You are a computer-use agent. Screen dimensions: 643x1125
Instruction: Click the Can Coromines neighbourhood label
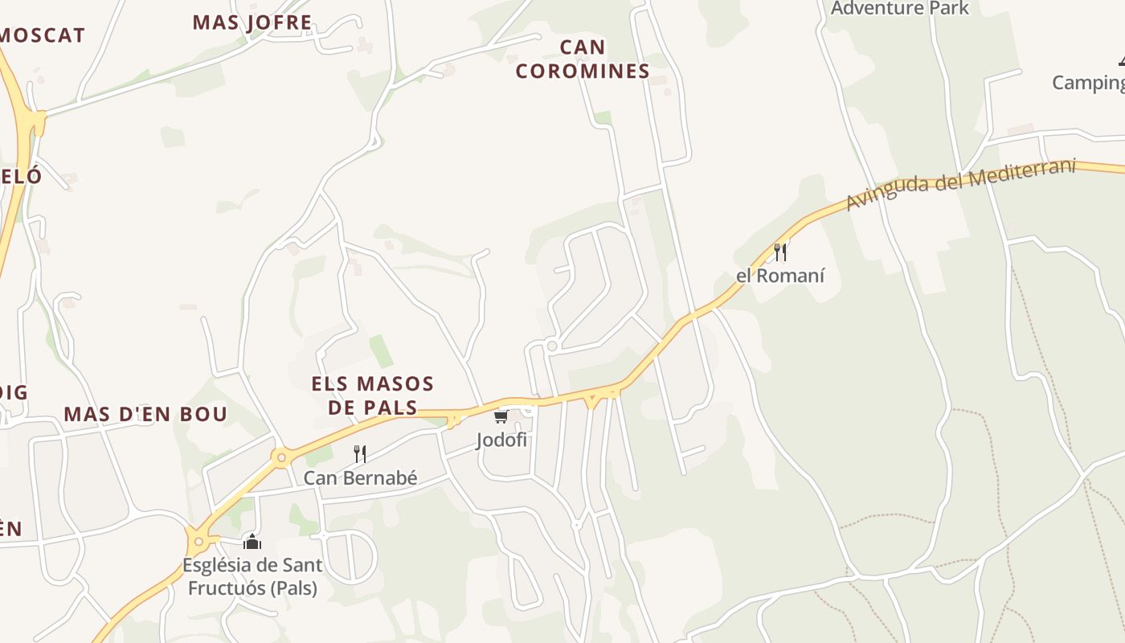click(x=582, y=59)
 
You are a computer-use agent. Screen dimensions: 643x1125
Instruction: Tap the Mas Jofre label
click(x=252, y=22)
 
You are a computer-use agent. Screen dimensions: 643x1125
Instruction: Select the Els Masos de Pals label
click(x=373, y=395)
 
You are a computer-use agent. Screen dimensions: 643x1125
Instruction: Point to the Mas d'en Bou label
click(x=145, y=415)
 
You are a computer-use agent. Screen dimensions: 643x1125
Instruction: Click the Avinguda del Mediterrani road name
click(x=960, y=184)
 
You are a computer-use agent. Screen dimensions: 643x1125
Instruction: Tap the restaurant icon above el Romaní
click(x=779, y=252)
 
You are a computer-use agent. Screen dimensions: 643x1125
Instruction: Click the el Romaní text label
click(x=780, y=276)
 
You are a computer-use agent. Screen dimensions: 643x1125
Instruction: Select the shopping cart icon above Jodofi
click(x=501, y=416)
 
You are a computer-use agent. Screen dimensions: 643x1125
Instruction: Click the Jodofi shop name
click(x=501, y=440)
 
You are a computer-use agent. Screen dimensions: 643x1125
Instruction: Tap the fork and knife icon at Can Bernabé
click(x=360, y=454)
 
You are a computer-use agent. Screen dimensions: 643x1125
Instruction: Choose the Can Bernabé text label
click(x=360, y=478)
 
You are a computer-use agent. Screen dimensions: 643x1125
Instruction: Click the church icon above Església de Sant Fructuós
click(x=252, y=542)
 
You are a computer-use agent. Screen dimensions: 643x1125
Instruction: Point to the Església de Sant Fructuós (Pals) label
click(x=252, y=576)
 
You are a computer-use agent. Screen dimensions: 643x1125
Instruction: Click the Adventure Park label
click(x=900, y=9)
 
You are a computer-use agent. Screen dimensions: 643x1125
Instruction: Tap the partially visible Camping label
click(x=1088, y=82)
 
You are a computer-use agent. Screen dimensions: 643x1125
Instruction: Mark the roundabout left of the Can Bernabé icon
click(x=281, y=458)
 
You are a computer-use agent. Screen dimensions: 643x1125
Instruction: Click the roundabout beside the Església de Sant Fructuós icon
click(x=198, y=541)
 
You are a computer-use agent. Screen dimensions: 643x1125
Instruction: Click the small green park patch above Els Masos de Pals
click(x=381, y=351)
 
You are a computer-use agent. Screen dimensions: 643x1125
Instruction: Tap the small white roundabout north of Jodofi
click(x=551, y=346)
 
